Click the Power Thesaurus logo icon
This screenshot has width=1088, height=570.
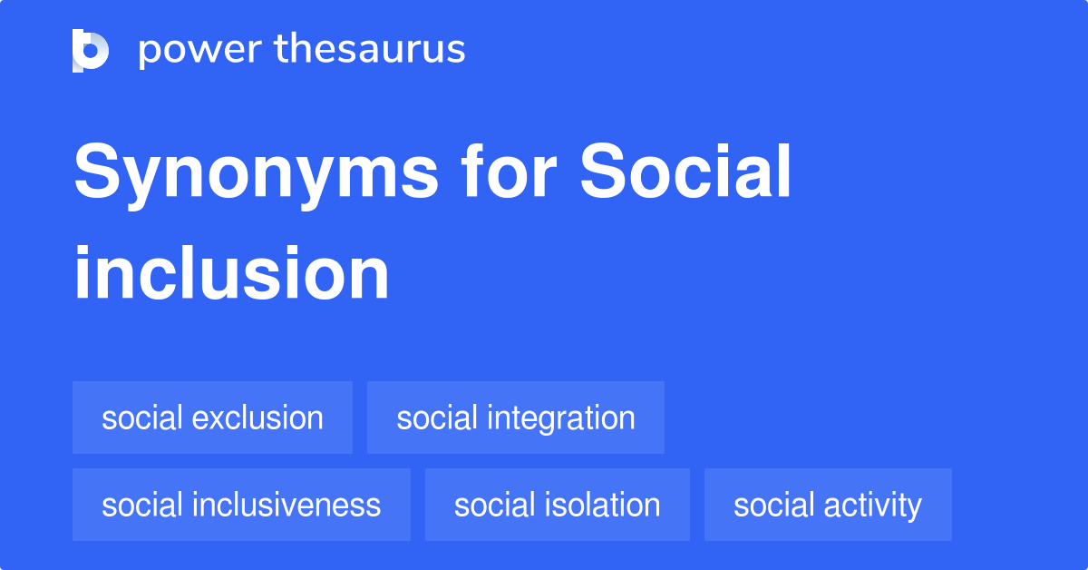pos(91,50)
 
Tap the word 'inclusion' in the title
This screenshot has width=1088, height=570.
pos(231,274)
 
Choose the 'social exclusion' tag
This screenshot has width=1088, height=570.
pos(212,418)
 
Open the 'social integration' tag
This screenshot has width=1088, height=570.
pos(515,418)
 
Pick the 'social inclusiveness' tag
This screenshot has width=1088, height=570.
pos(241,505)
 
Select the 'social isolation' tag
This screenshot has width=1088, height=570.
pos(557,505)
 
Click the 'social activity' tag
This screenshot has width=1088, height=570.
pos(827,505)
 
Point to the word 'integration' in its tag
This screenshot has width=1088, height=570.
pos(563,418)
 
